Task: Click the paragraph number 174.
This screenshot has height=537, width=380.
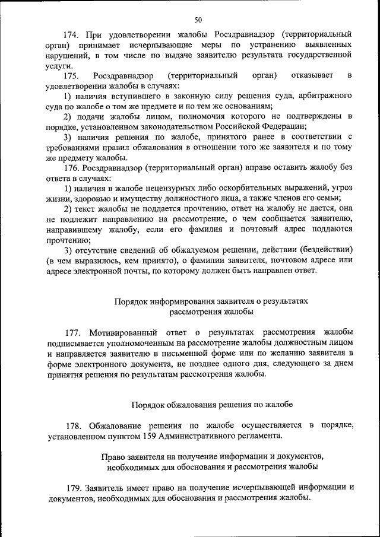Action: tap(73, 34)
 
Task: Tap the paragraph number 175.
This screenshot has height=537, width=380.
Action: tap(73, 76)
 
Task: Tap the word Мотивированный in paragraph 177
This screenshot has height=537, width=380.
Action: tap(123, 332)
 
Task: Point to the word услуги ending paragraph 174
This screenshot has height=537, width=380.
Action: tap(61, 66)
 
